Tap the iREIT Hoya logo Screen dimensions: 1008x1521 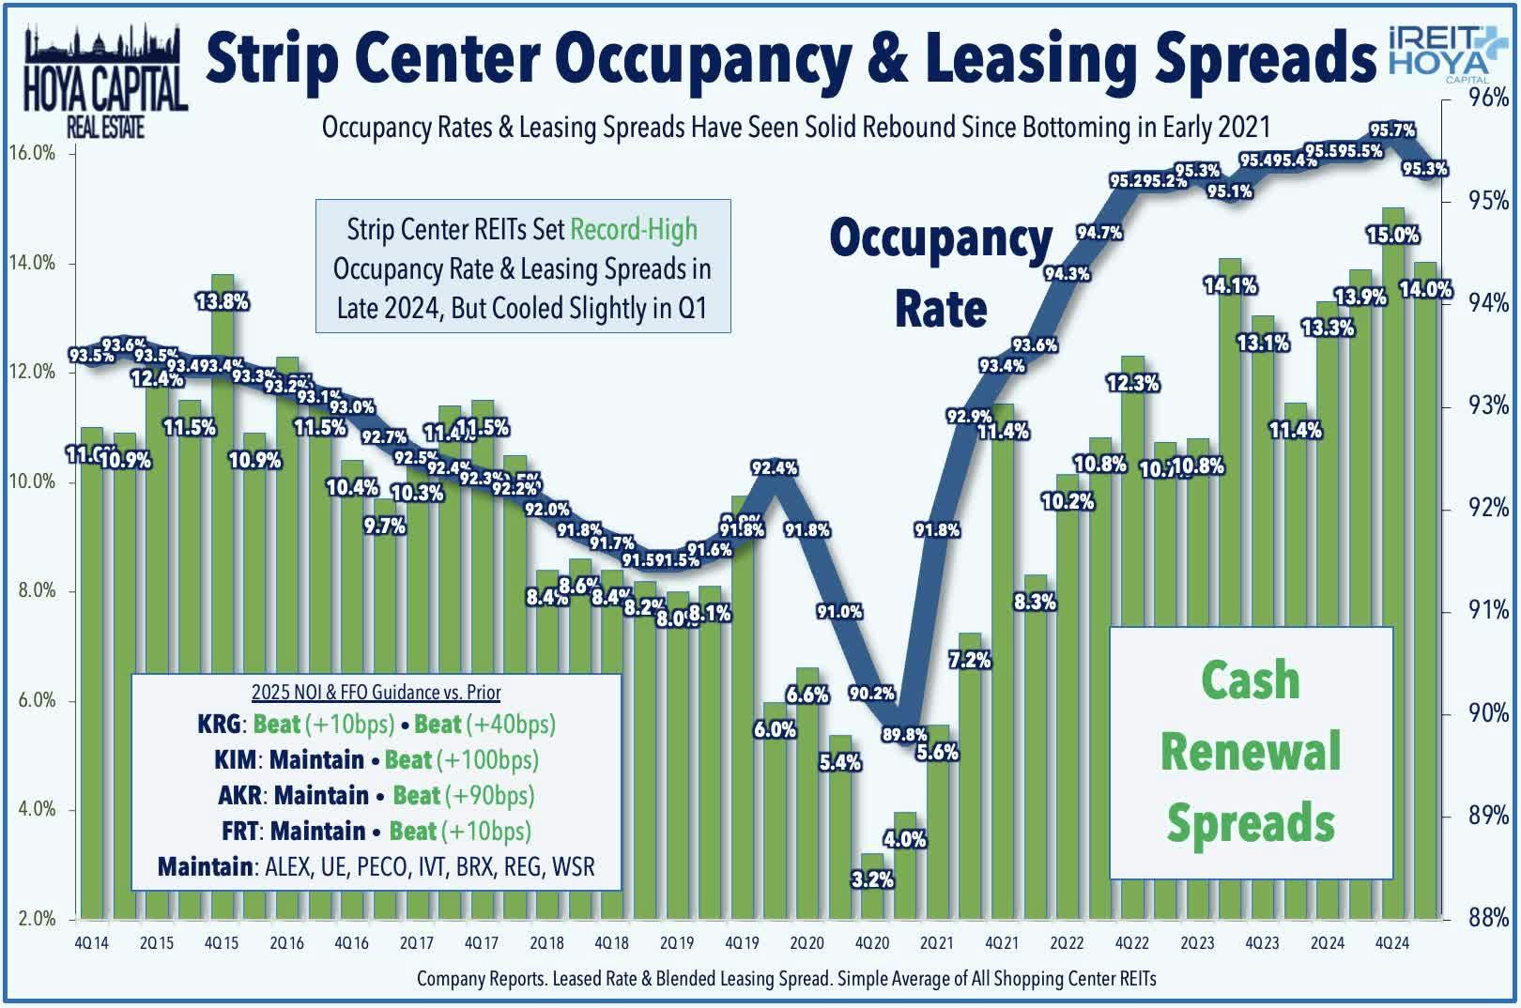tap(1437, 53)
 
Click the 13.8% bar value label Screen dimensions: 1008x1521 tap(223, 302)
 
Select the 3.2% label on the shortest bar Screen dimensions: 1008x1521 tap(872, 879)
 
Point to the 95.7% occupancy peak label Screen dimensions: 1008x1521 tap(1392, 130)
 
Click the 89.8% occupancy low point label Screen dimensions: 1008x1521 tap(903, 734)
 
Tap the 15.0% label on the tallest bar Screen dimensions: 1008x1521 tap(1392, 235)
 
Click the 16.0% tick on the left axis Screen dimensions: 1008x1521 tap(32, 153)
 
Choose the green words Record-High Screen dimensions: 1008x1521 tap(634, 230)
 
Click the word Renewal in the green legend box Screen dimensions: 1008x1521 tap(1251, 752)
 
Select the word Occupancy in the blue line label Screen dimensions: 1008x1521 tap(941, 240)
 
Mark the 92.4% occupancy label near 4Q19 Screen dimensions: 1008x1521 tap(774, 467)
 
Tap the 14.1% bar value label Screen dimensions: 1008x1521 tap(1230, 285)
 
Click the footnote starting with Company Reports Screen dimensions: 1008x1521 tap(786, 979)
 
